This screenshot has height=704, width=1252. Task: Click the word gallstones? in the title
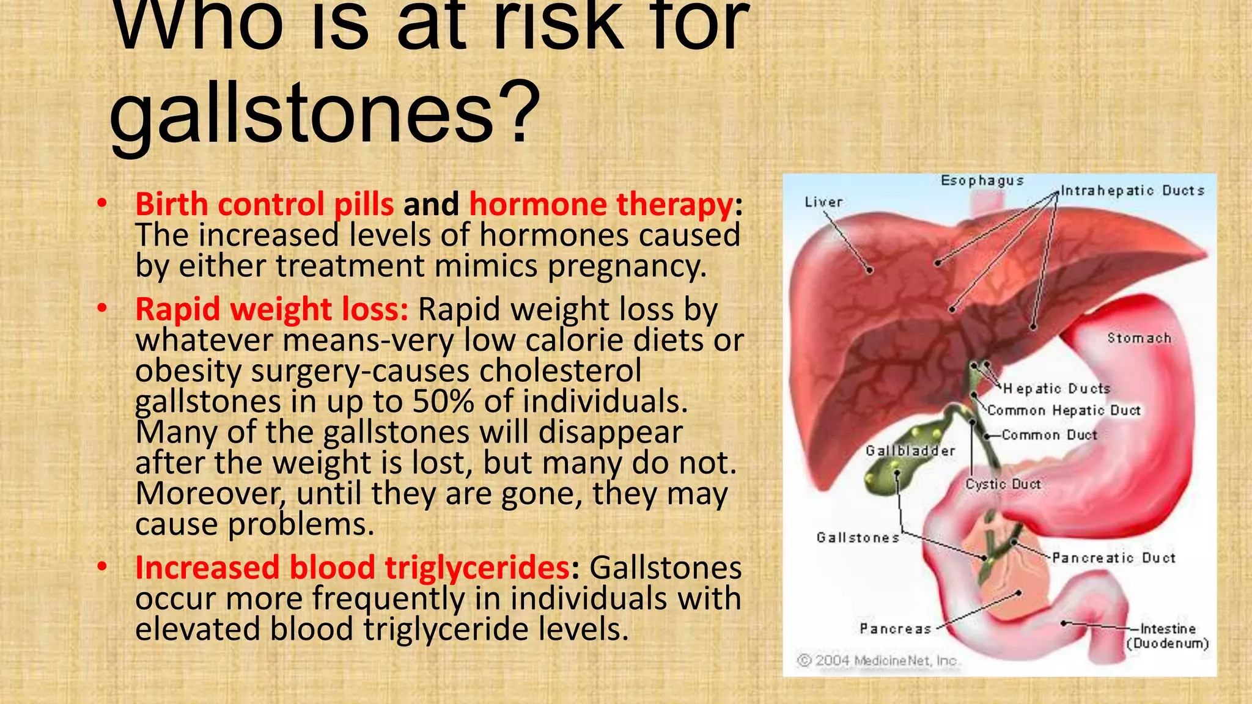pos(325,113)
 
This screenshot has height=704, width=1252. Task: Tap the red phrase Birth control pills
pos(265,204)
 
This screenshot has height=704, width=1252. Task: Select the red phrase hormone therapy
pos(601,204)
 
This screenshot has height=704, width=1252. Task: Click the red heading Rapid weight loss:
pos(271,309)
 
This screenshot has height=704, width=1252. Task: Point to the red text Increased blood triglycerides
pos(353,568)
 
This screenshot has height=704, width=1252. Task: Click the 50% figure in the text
pos(443,402)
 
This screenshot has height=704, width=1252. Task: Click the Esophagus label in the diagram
pos(982,181)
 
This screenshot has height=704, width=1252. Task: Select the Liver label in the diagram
pos(823,202)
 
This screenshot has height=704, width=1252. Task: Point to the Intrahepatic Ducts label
pos(1132,191)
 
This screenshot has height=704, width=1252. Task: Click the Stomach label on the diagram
pos(1139,338)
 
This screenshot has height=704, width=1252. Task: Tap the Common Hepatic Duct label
pos(1064,411)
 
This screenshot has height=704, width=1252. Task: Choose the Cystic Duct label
pos(1003,485)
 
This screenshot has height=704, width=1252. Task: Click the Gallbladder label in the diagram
pos(910,451)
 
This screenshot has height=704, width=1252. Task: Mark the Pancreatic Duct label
pos(1114,558)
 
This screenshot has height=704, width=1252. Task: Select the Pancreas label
pos(895,629)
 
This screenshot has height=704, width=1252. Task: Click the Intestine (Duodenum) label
pos(1168,636)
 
